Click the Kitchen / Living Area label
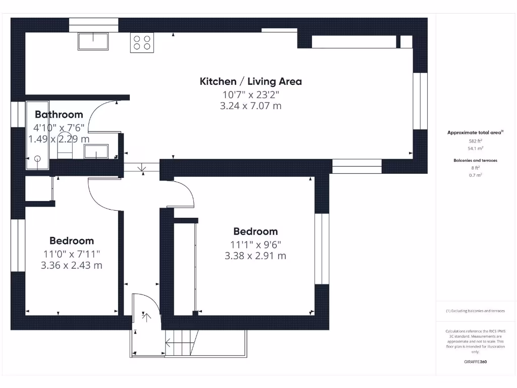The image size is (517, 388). click(251, 81)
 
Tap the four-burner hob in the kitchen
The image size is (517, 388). click(142, 42)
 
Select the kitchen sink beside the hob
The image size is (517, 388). click(93, 41)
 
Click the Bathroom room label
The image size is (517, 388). click(59, 115)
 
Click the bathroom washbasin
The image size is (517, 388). click(96, 151)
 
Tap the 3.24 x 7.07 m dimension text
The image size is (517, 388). click(251, 106)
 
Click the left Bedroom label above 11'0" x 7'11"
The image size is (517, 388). click(72, 241)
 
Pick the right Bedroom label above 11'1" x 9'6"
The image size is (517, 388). click(255, 231)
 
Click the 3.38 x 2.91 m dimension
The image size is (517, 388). click(255, 256)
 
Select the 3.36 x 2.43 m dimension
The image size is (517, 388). click(72, 265)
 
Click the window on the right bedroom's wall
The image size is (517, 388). click(322, 249)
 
